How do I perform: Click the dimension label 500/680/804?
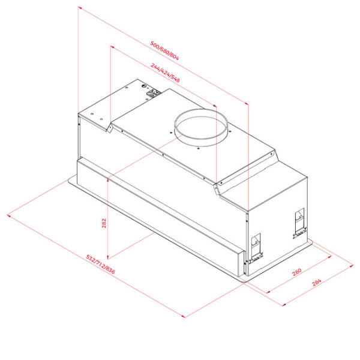pyautogui.click(x=164, y=51)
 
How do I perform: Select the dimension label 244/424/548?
pyautogui.click(x=166, y=73)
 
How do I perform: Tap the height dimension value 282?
pyautogui.click(x=104, y=223)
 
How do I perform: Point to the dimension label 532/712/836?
pyautogui.click(x=100, y=264)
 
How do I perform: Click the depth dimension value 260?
pyautogui.click(x=296, y=272)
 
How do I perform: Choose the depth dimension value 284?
pyautogui.click(x=317, y=283)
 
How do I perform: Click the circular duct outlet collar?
pyautogui.click(x=201, y=128)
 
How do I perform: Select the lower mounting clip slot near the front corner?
pyautogui.click(x=256, y=249)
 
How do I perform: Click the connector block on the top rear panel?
pyautogui.click(x=154, y=93)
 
